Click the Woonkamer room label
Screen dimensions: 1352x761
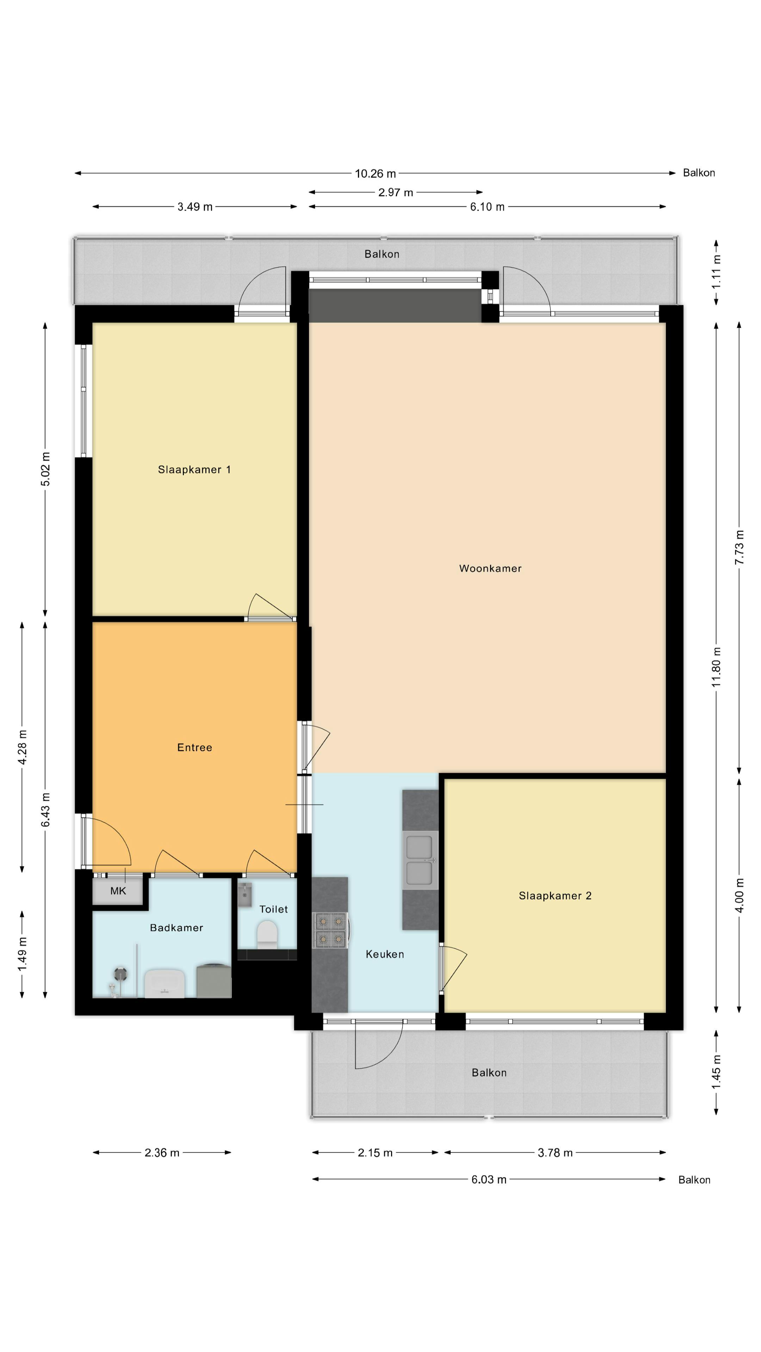(490, 568)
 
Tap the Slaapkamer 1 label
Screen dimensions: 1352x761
(194, 470)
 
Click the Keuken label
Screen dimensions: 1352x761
(384, 954)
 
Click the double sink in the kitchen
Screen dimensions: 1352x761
(420, 859)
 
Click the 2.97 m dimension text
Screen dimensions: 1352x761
(395, 193)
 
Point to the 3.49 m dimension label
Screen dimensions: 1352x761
(195, 207)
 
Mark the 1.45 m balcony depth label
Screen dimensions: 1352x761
(716, 1071)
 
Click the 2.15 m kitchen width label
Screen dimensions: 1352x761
(375, 1153)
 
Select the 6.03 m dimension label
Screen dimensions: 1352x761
(488, 1180)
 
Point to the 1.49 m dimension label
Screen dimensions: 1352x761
(22, 954)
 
